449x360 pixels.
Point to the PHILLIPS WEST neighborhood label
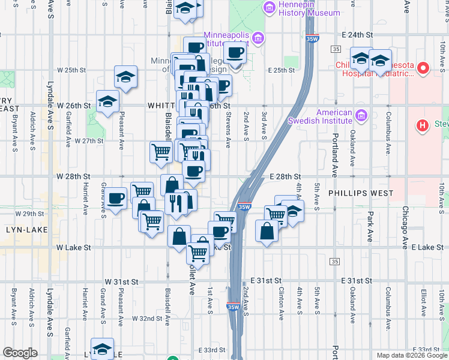[x=361, y=193]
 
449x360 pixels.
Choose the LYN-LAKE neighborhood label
[x=20, y=230]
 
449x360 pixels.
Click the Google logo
[x=20, y=353]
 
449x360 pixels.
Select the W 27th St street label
[x=89, y=141]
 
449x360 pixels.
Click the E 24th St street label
[x=358, y=35]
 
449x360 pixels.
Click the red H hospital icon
[x=423, y=125]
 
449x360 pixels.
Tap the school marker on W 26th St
[x=107, y=101]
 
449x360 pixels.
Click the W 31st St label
[x=122, y=281]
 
